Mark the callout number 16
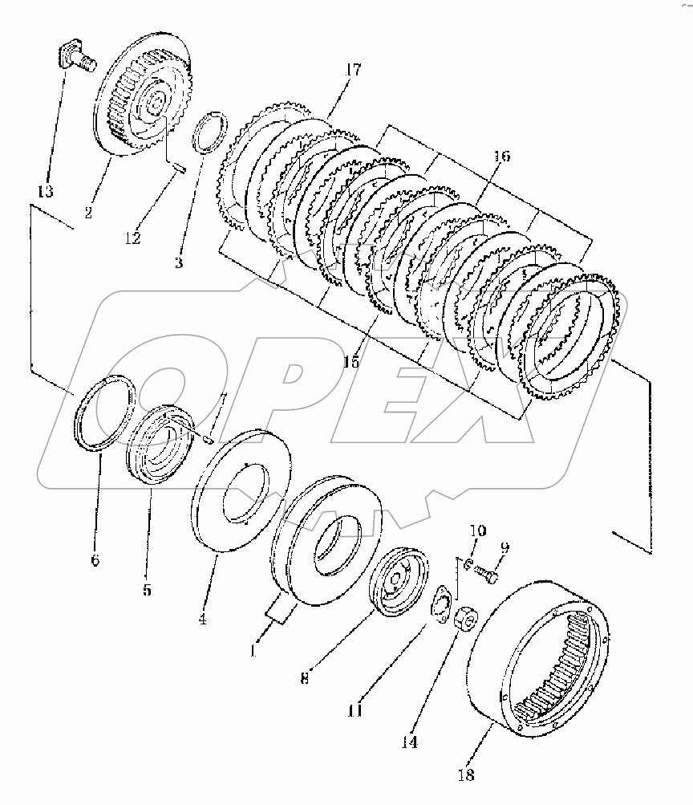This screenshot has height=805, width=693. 500,157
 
